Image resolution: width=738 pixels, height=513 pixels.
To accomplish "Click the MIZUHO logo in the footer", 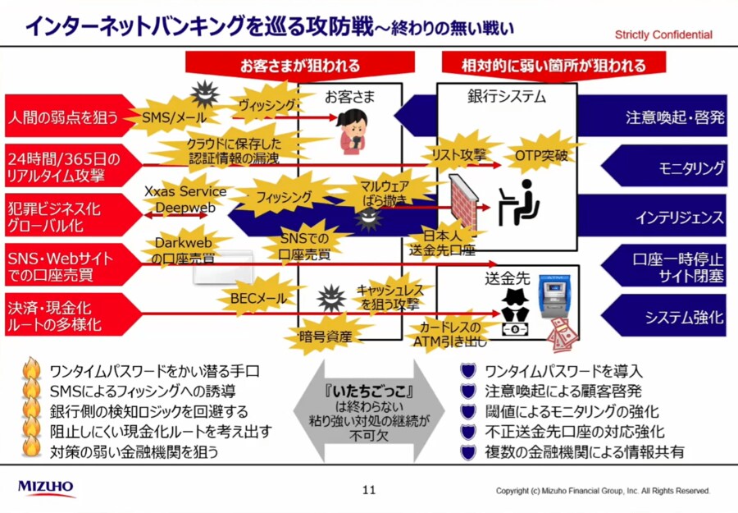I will (46, 488).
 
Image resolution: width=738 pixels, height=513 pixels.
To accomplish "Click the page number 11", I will (369, 490).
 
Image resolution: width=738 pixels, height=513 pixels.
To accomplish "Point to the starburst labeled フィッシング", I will (284, 198).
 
